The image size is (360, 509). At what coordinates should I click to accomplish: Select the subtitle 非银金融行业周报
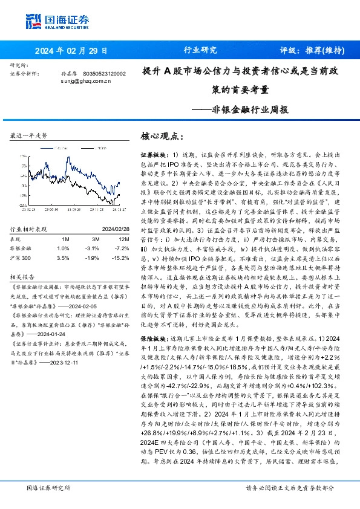pyautogui.click(x=254, y=111)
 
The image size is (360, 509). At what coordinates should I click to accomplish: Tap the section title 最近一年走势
pyautogui.click(x=29, y=137)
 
